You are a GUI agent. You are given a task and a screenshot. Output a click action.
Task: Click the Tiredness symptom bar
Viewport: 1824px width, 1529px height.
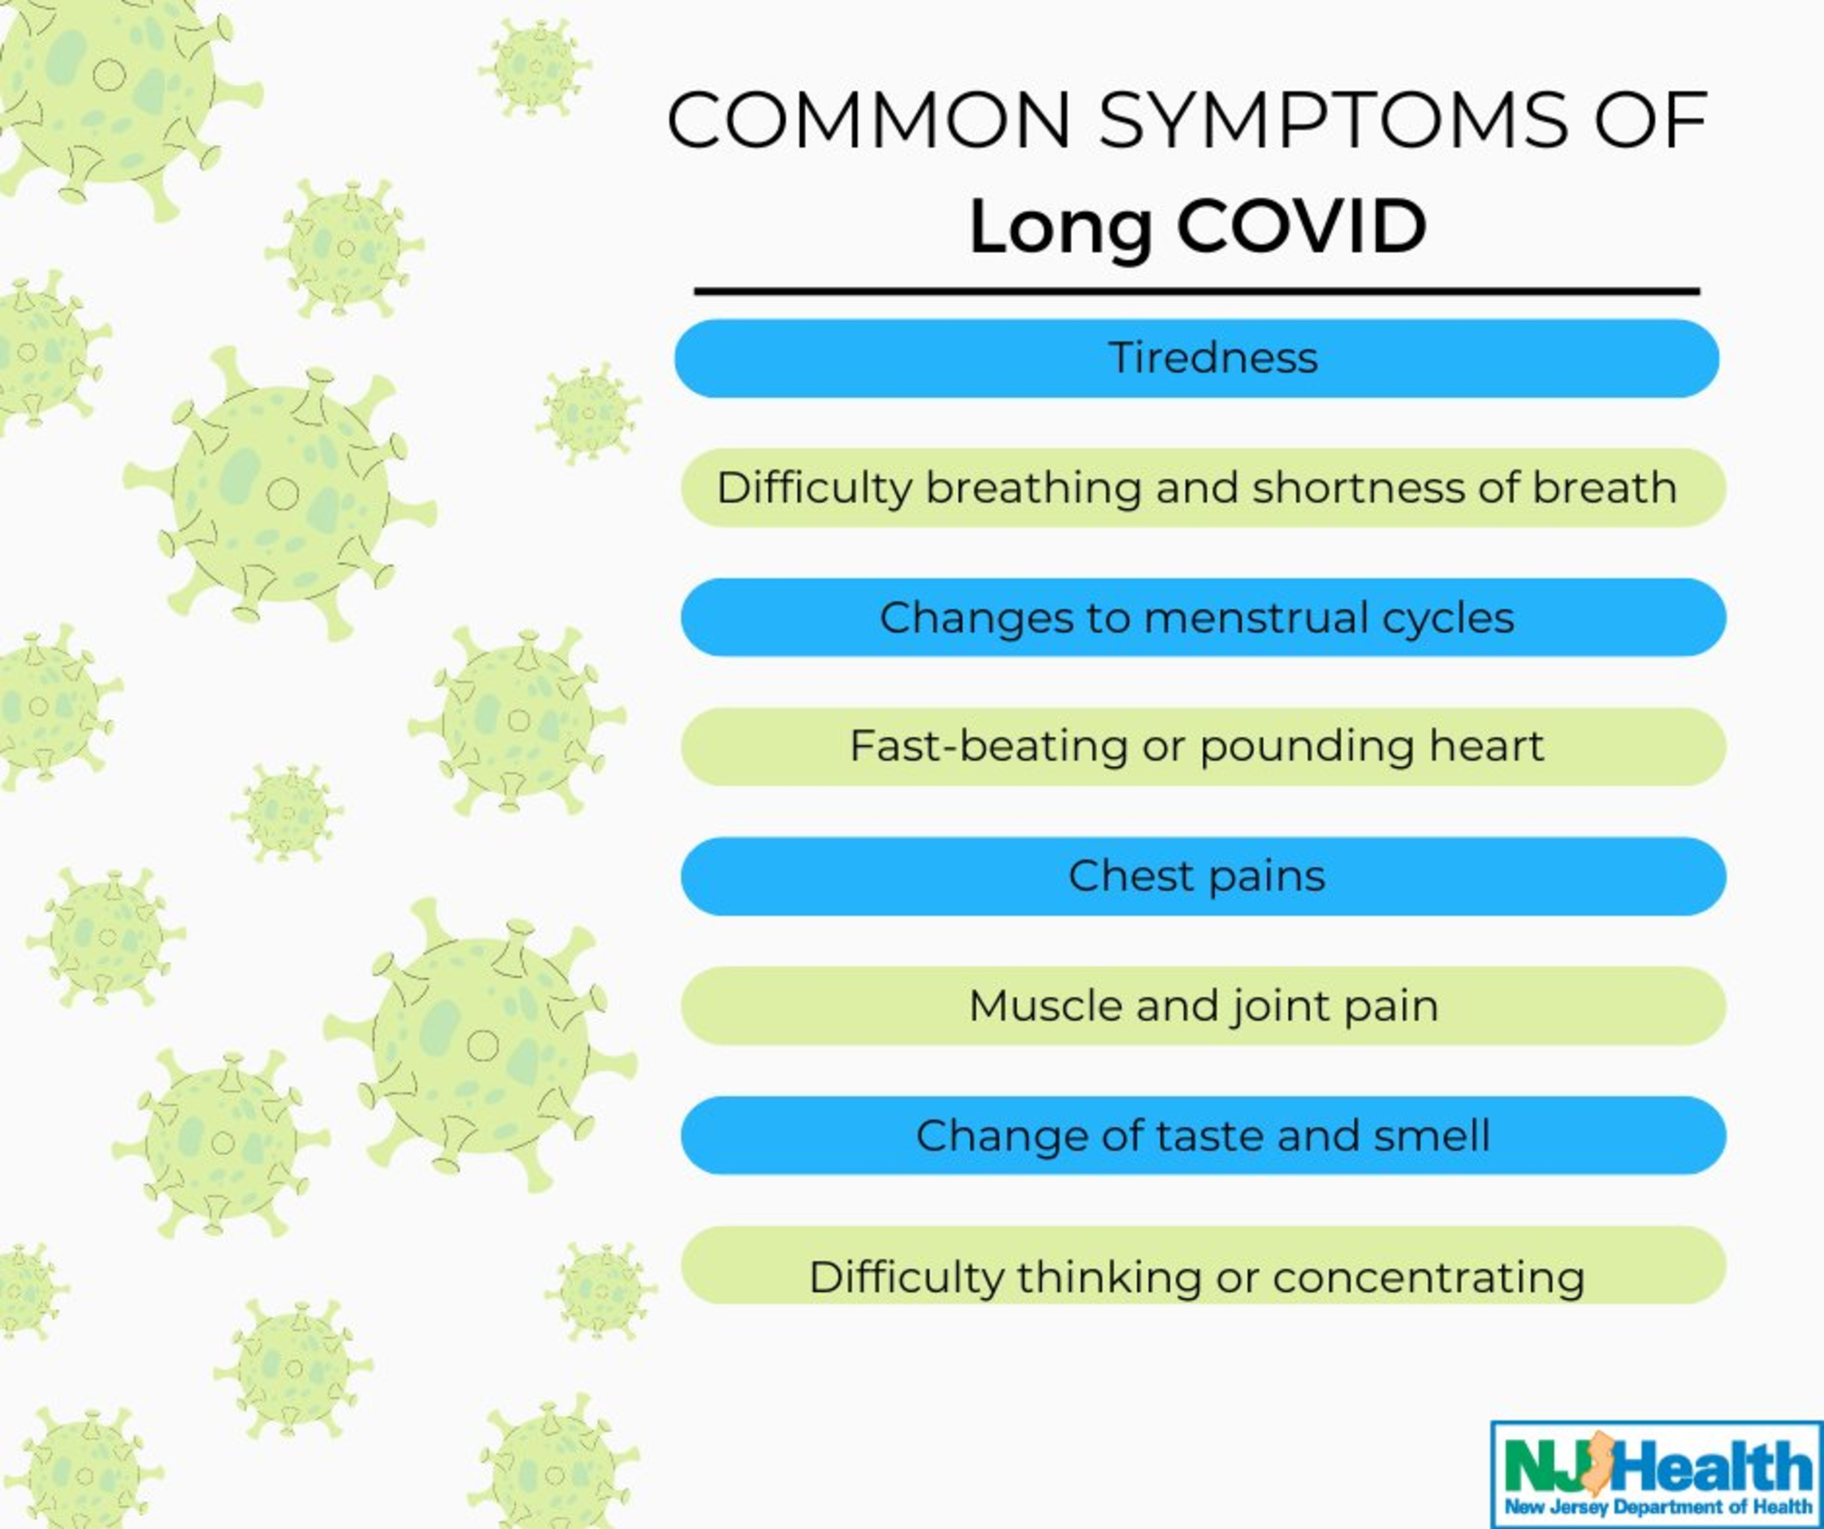point(1197,358)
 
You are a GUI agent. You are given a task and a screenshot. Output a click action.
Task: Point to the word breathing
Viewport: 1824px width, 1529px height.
point(1032,488)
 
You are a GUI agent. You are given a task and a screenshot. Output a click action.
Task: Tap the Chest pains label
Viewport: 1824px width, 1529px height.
point(1197,876)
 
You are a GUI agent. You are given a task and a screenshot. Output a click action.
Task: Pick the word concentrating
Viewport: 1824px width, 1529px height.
point(1429,1278)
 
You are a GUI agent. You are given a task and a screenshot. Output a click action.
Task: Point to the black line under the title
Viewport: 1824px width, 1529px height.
point(1197,292)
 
